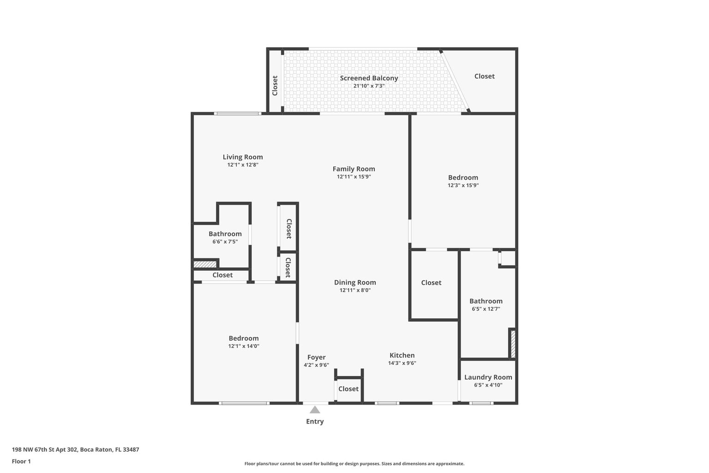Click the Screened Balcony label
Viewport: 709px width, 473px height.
tap(369, 78)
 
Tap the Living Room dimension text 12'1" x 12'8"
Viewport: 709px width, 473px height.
tap(242, 164)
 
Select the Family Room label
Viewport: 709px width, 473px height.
tap(354, 169)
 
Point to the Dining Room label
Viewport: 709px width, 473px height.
tap(355, 282)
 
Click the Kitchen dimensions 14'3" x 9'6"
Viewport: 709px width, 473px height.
tap(402, 363)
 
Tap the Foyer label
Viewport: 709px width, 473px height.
tap(316, 357)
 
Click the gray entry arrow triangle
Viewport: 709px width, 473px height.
tap(315, 410)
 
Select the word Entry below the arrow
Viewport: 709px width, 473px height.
tap(315, 421)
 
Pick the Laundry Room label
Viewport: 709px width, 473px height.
tap(488, 377)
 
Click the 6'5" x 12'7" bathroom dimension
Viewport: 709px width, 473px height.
tap(486, 309)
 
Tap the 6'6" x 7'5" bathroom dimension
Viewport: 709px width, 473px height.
tap(225, 241)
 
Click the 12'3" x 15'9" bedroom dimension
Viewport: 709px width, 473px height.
tap(463, 185)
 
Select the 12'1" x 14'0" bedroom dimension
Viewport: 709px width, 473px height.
tap(244, 346)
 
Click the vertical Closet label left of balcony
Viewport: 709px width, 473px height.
tap(275, 85)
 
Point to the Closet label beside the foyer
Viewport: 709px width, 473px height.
tap(348, 389)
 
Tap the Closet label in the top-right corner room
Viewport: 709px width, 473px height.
tap(484, 76)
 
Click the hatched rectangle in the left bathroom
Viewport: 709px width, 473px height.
tap(205, 264)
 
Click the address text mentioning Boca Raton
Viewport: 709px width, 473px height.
tap(75, 449)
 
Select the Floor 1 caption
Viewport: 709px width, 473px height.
tap(21, 461)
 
